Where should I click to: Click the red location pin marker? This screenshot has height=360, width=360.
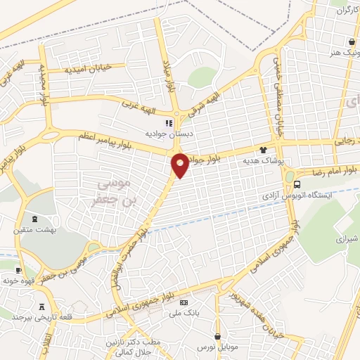click(180, 165)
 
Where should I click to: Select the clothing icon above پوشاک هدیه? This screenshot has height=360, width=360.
click(264, 150)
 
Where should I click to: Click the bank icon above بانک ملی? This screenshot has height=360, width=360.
click(185, 302)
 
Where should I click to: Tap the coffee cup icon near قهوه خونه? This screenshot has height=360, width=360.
click(19, 270)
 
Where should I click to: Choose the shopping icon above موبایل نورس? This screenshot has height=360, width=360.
click(218, 337)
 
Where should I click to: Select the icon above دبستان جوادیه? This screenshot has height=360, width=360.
click(168, 122)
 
